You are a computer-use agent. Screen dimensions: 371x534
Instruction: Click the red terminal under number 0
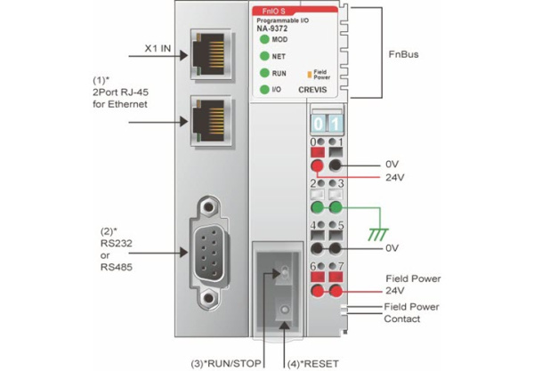coord(317,165)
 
